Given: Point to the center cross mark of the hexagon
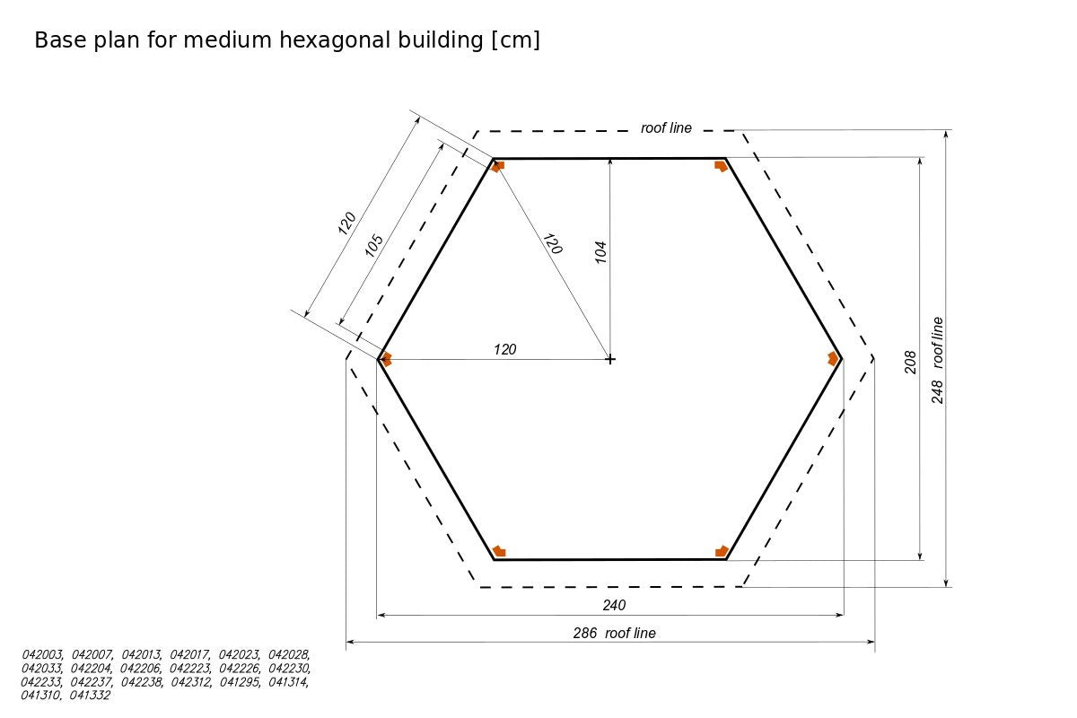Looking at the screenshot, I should tap(610, 359).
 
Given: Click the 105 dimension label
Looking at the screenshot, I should tap(374, 246).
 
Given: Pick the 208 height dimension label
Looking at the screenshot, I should tap(910, 362).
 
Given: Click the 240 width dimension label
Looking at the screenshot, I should tap(614, 605).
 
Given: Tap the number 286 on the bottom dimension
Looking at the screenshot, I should tap(585, 633).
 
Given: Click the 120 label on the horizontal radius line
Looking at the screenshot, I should tap(505, 349).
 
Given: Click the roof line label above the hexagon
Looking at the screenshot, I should tap(666, 128).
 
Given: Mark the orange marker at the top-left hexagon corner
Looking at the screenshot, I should tap(498, 165).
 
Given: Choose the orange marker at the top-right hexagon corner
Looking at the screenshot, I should tap(721, 165).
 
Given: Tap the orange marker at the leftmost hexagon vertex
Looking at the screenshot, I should tap(387, 359).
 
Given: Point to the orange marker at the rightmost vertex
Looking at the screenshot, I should tap(833, 358).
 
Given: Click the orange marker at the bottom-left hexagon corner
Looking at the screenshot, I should tap(499, 551).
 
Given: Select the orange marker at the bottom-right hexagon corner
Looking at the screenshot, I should tap(722, 551).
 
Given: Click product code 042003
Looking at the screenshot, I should tap(42, 655).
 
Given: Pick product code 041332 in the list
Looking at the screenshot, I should tap(90, 695).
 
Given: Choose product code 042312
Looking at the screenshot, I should tap(191, 682).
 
